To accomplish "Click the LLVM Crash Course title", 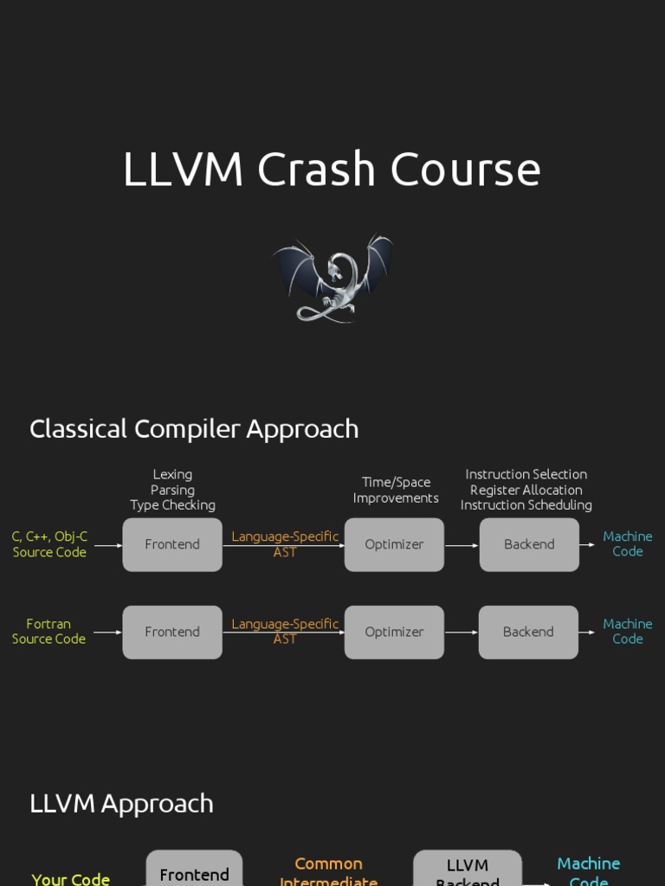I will (332, 169).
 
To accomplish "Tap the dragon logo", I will (332, 278).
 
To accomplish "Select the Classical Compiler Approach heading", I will (194, 428).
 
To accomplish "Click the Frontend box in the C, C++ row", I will (172, 544).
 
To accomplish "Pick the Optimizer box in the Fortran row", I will (394, 632).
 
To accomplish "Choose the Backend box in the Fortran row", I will (528, 632).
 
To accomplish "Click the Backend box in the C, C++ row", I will (529, 544).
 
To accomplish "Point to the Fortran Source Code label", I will (48, 631).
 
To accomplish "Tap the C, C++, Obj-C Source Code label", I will (49, 544).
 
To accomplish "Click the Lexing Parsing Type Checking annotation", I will (172, 490).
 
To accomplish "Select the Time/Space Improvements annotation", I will (396, 490).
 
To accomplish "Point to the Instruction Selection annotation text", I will (526, 475).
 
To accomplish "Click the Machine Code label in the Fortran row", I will (628, 631).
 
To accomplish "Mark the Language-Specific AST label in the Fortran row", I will (285, 631).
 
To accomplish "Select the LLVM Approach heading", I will (121, 803).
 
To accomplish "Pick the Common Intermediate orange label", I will (328, 871).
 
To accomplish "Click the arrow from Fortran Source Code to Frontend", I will (107, 632).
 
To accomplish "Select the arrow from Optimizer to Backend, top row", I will (462, 545).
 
